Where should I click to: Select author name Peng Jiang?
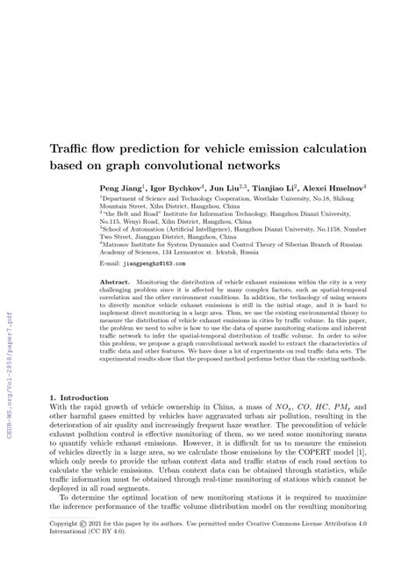click(121, 188)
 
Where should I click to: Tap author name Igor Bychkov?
click(176, 188)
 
